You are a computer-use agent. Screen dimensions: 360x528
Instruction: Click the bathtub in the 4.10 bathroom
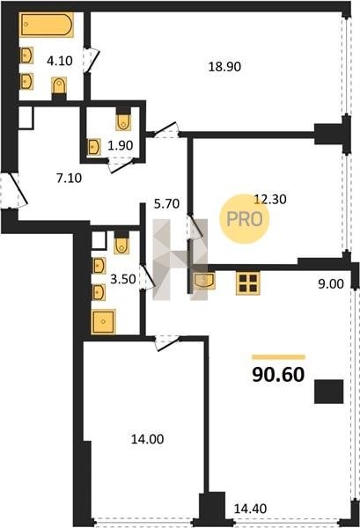(x=47, y=25)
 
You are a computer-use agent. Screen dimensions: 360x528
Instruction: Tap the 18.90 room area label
(x=224, y=67)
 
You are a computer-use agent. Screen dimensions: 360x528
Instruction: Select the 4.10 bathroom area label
(x=60, y=61)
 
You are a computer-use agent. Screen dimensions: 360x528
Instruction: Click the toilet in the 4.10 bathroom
(x=59, y=86)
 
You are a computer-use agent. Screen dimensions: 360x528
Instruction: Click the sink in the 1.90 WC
(x=94, y=147)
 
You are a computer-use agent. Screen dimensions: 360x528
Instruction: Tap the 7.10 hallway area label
(x=69, y=178)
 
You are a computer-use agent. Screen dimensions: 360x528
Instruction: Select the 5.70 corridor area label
(x=166, y=204)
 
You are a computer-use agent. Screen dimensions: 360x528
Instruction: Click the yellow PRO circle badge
(x=245, y=219)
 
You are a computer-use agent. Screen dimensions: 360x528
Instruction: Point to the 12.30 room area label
(x=270, y=200)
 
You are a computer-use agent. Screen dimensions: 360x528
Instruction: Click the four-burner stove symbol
(x=248, y=283)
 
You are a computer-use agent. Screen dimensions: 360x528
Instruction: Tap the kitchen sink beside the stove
(x=205, y=281)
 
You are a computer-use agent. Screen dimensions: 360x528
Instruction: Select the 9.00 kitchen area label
(x=331, y=284)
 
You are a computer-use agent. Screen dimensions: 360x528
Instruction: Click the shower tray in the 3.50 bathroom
(x=103, y=321)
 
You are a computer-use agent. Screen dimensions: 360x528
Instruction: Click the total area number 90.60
(x=278, y=374)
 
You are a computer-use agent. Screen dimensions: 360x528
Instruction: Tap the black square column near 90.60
(x=329, y=392)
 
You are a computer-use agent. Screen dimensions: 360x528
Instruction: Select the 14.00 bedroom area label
(x=147, y=439)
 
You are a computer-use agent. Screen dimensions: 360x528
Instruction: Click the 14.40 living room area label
(x=250, y=509)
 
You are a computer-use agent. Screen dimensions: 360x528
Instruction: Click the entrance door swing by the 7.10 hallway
(x=16, y=190)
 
